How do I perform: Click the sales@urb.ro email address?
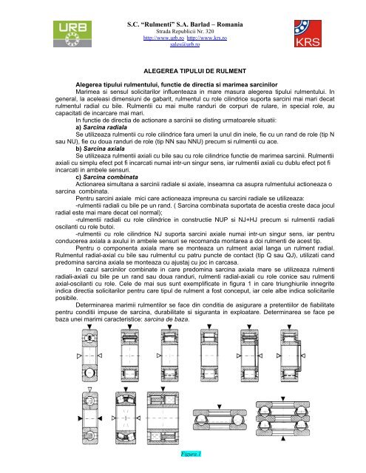pos(182,44)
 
